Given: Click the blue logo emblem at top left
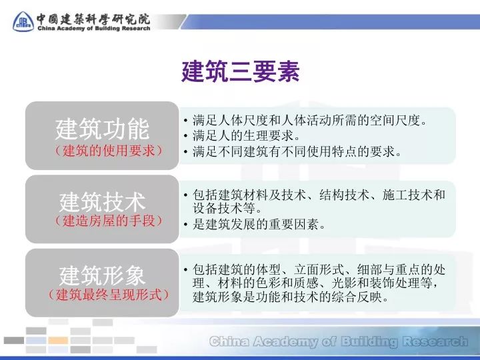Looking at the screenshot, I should [23, 21].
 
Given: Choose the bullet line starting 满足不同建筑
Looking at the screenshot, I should [298, 152].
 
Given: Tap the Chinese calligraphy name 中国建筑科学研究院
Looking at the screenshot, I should [93, 17].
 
